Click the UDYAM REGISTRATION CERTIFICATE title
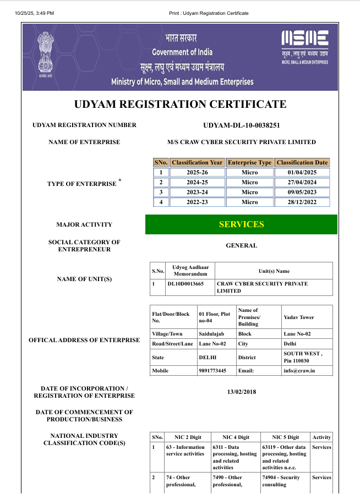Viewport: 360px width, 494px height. [x=180, y=105]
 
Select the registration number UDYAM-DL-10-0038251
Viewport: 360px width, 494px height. [x=241, y=125]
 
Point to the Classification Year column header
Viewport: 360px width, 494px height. [x=197, y=162]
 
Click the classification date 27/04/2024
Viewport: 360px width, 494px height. [x=302, y=182]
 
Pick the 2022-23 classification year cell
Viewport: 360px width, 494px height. [x=197, y=202]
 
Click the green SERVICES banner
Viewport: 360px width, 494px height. [x=241, y=224]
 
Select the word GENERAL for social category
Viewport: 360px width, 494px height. [x=241, y=245]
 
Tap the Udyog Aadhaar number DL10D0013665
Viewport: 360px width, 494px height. [x=186, y=284]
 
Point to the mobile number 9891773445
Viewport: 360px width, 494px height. [x=212, y=371]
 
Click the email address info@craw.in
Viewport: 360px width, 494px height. [x=299, y=371]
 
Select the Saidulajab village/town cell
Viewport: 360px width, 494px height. [x=212, y=334]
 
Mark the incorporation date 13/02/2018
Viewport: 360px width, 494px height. [x=241, y=392]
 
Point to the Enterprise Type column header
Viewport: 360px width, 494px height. [x=249, y=162]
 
